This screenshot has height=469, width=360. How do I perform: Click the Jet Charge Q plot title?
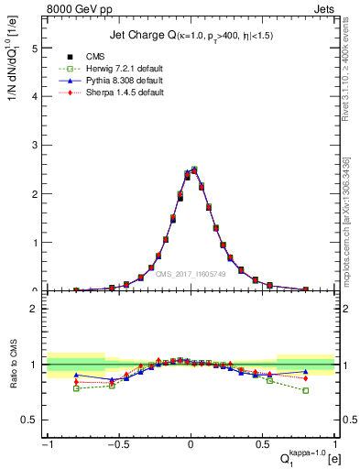[191, 35]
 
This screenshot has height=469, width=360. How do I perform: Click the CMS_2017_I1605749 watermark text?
[191, 274]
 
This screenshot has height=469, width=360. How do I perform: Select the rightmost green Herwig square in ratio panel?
[306, 390]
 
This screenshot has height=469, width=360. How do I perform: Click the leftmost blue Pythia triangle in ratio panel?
[77, 375]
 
